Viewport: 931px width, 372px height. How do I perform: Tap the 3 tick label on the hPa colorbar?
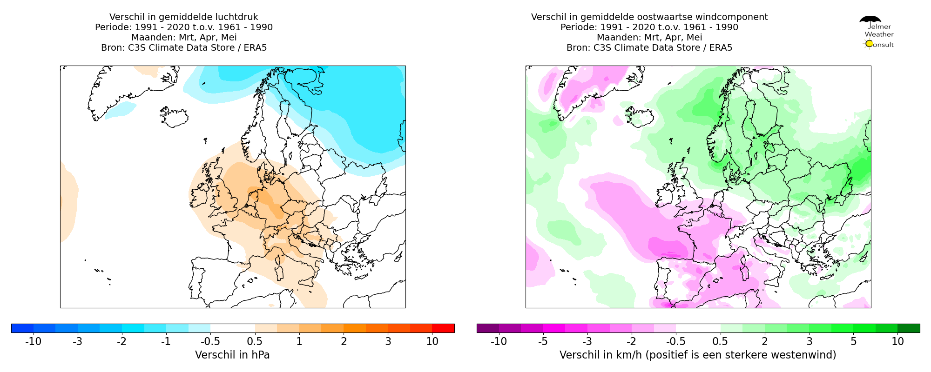(x=388, y=341)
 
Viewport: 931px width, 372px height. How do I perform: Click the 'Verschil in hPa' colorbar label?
(x=232, y=355)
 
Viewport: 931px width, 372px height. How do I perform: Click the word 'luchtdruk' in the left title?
(x=238, y=17)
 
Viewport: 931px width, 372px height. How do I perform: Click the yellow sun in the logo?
(x=869, y=44)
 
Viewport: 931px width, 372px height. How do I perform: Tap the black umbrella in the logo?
(x=870, y=20)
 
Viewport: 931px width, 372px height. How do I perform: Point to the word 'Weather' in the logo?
(x=879, y=34)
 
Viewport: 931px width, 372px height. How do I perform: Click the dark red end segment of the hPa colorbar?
(x=443, y=328)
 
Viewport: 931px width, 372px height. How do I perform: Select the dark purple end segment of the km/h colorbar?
(x=488, y=328)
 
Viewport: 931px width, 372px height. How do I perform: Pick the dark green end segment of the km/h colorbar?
(x=909, y=328)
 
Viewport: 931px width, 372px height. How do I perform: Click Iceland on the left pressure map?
(x=175, y=117)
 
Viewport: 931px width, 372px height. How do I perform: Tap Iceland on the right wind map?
(x=641, y=117)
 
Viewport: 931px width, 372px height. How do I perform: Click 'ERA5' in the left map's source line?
(x=255, y=48)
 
